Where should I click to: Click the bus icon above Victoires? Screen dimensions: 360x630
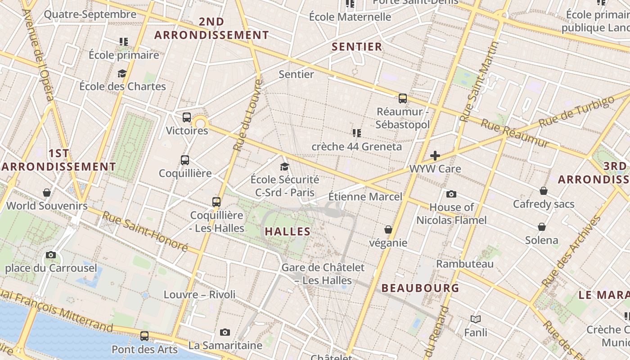(x=187, y=117)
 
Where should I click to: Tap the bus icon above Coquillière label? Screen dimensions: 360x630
(x=184, y=160)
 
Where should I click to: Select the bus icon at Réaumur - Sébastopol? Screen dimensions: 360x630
(x=403, y=98)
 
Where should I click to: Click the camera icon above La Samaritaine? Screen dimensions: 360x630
(x=225, y=332)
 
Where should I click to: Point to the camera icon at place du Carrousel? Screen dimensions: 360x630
(x=51, y=255)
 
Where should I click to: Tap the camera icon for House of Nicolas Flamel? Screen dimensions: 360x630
(x=451, y=194)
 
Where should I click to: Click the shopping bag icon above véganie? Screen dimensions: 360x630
(x=388, y=229)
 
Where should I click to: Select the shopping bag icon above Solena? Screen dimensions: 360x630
(x=542, y=226)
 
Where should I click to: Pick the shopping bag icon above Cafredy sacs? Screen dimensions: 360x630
(x=544, y=190)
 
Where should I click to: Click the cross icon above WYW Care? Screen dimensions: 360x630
(x=435, y=156)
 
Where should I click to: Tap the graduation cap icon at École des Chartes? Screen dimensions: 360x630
(x=122, y=73)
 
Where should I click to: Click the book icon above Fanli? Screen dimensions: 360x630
(x=476, y=319)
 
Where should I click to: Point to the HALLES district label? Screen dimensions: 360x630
(x=288, y=231)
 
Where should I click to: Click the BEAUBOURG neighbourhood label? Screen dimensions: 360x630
(x=420, y=288)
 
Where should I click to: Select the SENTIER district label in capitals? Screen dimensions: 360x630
(x=357, y=46)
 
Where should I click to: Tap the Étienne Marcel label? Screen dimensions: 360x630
(x=365, y=197)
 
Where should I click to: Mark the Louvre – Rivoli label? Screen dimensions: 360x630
(x=199, y=295)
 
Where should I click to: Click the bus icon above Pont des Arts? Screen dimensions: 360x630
(x=144, y=336)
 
